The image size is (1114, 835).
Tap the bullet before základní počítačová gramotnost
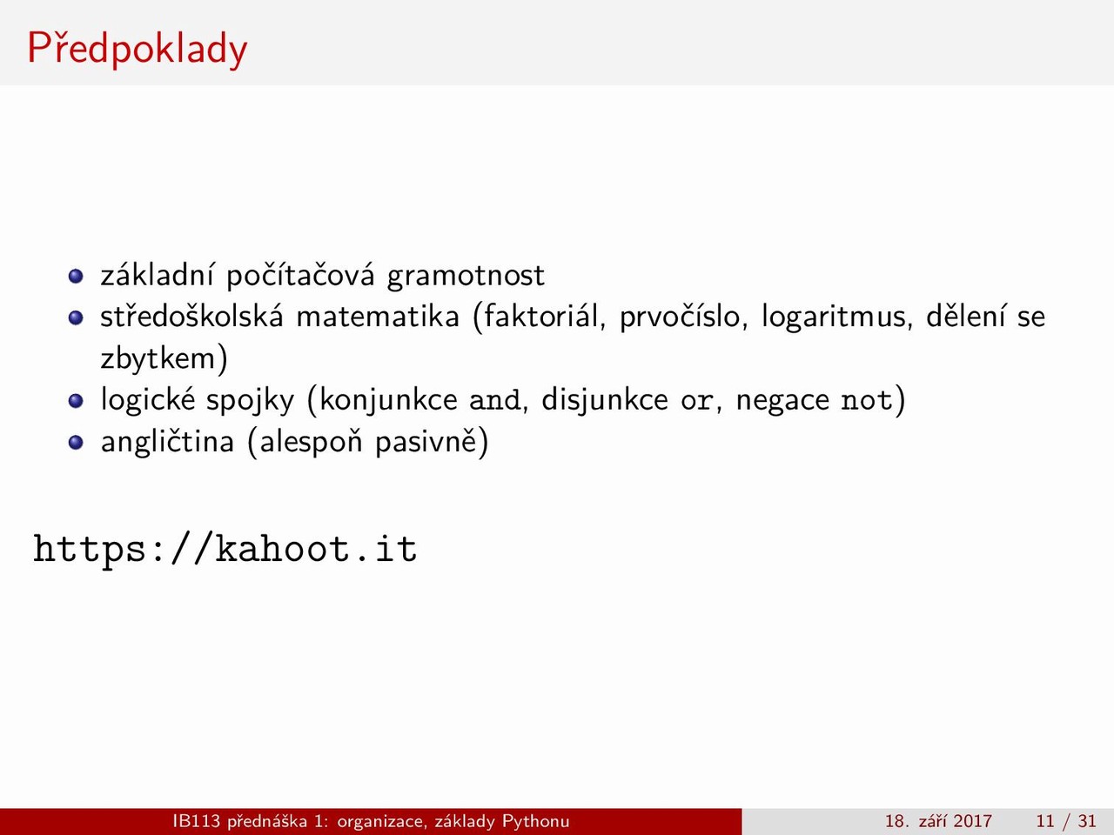pyautogui.click(x=76, y=277)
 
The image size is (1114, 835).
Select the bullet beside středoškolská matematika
pyautogui.click(x=76, y=317)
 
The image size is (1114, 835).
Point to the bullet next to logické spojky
pyautogui.click(x=76, y=401)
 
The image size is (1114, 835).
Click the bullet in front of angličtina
pyautogui.click(x=76, y=443)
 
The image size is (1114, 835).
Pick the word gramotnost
pyautogui.click(x=466, y=277)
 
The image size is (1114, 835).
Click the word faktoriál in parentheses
pyautogui.click(x=540, y=317)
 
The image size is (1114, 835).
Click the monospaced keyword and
pyautogui.click(x=496, y=400)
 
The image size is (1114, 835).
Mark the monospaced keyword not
pyautogui.click(x=867, y=401)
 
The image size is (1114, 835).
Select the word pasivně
pyautogui.click(x=426, y=442)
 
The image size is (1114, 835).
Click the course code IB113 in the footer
pyautogui.click(x=197, y=821)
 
